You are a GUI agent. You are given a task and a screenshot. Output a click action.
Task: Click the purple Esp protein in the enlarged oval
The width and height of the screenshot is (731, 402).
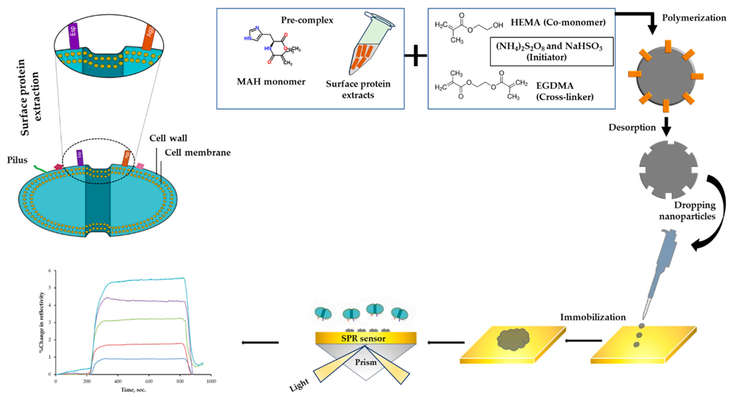pos(74,36)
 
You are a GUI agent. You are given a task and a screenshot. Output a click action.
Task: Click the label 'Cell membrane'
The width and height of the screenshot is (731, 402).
pos(197,153)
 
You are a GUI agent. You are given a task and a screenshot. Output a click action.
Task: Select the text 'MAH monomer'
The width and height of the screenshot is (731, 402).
pos(271,82)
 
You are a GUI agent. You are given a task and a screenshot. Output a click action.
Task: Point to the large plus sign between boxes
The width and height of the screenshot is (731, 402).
pos(416,55)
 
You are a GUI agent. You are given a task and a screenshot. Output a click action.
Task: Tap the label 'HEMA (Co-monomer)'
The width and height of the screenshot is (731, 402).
pos(558,22)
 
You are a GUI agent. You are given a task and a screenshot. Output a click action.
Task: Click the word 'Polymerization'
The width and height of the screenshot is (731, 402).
pos(694,18)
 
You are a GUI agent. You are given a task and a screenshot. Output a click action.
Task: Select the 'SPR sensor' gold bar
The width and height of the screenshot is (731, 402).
pos(366,338)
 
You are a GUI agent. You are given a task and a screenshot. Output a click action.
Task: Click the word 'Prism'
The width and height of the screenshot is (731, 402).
pos(366,362)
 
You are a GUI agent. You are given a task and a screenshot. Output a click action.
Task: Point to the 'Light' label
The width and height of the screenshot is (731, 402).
pos(299,385)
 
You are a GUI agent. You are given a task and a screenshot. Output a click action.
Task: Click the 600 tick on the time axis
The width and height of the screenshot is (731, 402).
pos(149,381)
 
